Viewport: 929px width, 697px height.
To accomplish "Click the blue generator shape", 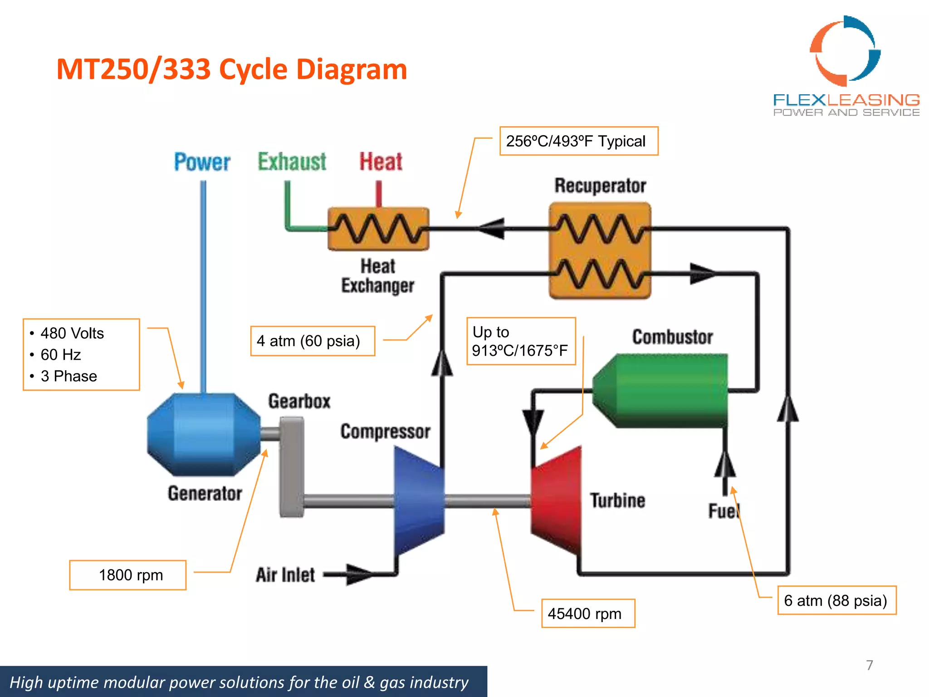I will tap(204, 434).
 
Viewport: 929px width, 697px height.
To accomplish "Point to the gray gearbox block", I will tap(291, 467).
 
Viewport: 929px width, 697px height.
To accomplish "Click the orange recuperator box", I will tap(600, 250).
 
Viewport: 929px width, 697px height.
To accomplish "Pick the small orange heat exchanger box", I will tap(378, 229).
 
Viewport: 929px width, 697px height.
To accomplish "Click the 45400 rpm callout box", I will tap(588, 614).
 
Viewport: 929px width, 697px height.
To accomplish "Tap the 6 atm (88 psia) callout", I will tap(836, 600).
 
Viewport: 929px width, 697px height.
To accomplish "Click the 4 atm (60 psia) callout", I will tap(313, 341).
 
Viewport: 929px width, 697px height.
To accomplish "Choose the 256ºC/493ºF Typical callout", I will tap(578, 141).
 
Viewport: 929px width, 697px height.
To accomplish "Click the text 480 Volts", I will tap(72, 333).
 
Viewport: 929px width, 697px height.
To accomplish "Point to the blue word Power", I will tap(202, 162).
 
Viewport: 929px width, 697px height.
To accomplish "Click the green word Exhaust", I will tap(292, 162).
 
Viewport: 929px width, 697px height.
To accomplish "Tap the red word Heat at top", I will tap(381, 162).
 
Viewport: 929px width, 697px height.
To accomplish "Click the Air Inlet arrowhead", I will tap(358, 574).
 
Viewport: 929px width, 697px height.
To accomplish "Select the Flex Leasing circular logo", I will tap(845, 51).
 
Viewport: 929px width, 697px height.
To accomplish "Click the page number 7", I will tap(869, 665).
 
